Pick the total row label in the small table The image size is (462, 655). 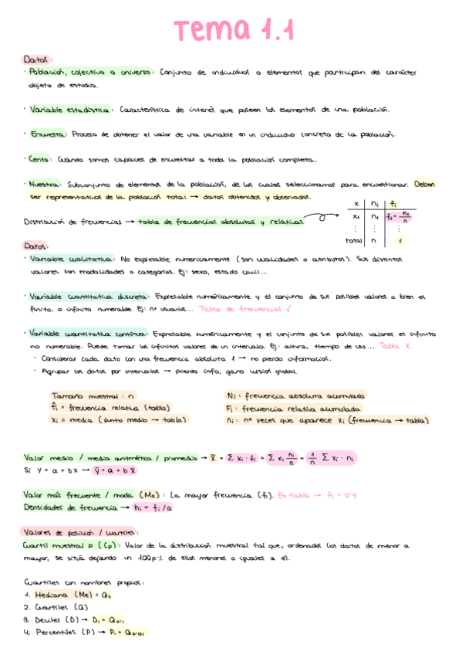click(x=354, y=240)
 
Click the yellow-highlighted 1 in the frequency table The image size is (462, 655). click(x=400, y=240)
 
